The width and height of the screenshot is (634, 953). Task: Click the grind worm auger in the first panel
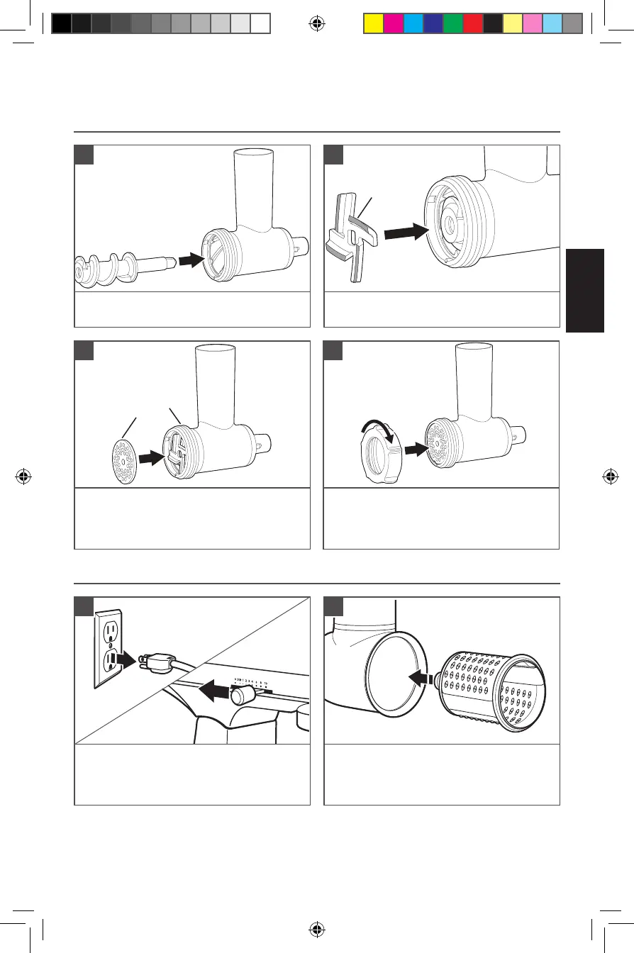[x=113, y=267]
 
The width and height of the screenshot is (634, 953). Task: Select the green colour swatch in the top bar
[x=453, y=23]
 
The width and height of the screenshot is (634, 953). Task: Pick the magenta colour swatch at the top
[x=394, y=23]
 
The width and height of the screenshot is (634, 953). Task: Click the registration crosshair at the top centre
[x=317, y=23]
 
